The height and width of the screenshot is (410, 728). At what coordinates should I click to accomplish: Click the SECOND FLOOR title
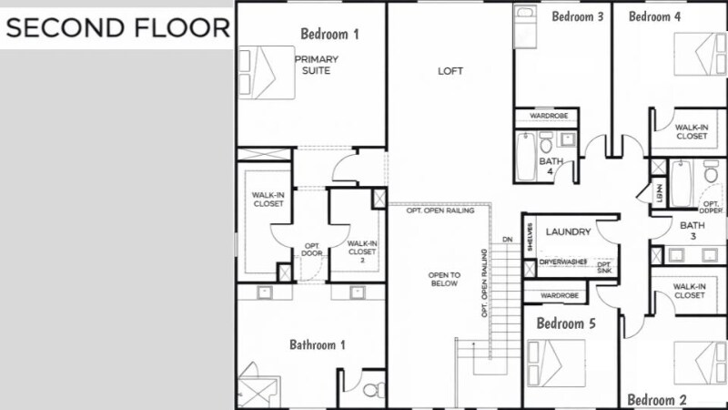pos(117,28)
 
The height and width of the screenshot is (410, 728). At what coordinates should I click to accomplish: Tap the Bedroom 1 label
pos(329,34)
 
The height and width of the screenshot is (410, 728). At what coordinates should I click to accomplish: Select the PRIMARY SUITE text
pos(316,65)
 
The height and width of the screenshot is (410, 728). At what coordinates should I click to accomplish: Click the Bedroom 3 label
pos(578,15)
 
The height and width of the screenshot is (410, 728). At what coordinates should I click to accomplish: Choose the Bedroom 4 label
pos(654,15)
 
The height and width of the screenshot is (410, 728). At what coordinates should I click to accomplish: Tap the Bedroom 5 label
pos(566,323)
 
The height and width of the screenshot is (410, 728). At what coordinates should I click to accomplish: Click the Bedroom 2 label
pos(657,400)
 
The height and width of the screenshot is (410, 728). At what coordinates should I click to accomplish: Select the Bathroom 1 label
pos(318,344)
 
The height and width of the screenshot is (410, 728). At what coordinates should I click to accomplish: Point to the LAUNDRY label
pos(569,232)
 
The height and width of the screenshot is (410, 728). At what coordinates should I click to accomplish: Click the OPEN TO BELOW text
pos(445,279)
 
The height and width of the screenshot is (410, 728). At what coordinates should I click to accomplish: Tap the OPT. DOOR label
pos(312,250)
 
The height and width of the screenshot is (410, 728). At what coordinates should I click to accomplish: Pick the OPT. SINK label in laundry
pos(604,267)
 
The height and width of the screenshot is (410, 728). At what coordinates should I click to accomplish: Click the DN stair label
pos(507,240)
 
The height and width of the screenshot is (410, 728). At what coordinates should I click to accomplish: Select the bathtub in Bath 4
pos(525,157)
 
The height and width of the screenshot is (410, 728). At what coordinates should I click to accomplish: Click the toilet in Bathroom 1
pos(370,391)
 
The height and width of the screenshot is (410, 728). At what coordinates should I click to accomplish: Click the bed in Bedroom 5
pos(556,362)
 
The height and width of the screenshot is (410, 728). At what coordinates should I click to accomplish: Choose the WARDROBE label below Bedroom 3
pos(549,116)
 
